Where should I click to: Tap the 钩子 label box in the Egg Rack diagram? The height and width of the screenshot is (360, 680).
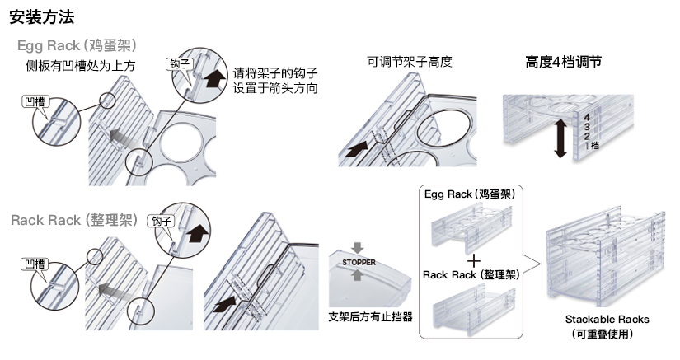179,63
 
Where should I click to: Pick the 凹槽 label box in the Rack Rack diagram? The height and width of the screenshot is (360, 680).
34,264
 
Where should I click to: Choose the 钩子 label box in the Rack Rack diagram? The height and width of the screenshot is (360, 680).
160,221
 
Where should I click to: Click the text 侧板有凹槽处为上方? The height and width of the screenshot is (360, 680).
80,64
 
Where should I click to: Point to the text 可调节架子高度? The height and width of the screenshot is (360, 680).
410,62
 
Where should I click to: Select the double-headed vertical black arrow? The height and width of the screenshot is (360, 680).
560,137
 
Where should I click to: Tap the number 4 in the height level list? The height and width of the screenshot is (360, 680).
586,117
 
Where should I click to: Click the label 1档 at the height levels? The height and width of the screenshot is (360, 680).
589,145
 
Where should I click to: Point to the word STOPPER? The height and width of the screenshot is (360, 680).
359,263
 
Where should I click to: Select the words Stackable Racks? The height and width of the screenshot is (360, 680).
607,319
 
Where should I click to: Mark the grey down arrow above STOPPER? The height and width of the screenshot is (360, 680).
356,247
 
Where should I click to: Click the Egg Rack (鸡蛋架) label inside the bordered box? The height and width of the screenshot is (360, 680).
470,195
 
